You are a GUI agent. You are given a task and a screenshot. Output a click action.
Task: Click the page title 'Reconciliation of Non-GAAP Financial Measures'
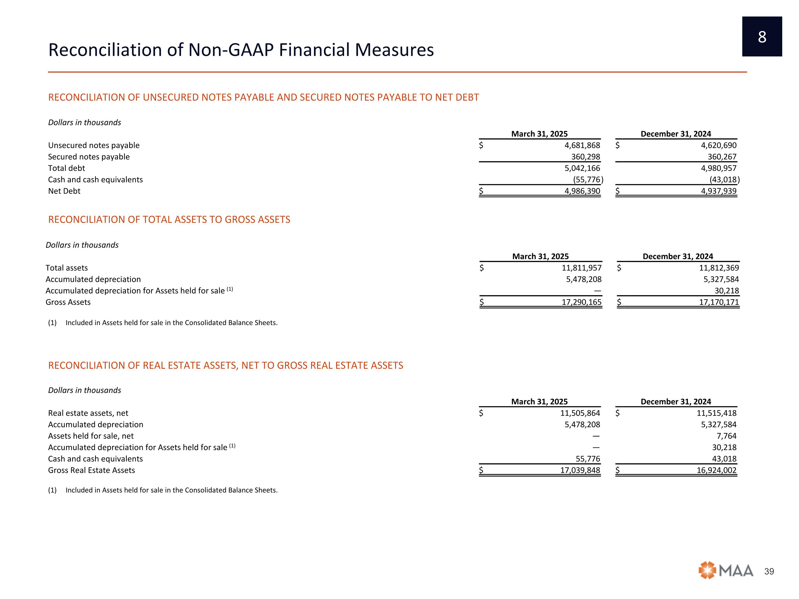[241, 50]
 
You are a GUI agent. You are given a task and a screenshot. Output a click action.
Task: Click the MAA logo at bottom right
[726, 571]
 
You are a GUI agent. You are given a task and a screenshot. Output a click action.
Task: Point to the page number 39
[769, 571]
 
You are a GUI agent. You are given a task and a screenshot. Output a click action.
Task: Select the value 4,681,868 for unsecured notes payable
[582, 145]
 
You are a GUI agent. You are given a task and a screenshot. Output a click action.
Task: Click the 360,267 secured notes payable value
[722, 157]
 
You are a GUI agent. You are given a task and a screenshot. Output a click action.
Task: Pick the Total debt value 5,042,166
[582, 168]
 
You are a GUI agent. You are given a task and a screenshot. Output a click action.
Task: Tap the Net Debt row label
[64, 191]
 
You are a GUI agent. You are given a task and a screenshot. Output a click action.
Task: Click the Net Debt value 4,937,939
[719, 191]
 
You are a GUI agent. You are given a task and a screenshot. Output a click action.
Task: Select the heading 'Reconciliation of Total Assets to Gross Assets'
[169, 220]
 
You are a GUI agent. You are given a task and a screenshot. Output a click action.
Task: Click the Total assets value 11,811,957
[582, 268]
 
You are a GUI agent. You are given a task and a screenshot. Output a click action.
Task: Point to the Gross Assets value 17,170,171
[719, 302]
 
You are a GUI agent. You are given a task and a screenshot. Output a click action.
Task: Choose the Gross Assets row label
[68, 302]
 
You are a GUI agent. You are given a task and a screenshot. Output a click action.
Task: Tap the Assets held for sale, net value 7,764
[727, 436]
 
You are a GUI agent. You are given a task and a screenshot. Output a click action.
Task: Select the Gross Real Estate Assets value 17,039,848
[580, 470]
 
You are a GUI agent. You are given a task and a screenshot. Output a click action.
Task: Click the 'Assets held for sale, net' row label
[91, 436]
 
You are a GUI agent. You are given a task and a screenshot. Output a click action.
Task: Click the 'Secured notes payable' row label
[89, 157]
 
